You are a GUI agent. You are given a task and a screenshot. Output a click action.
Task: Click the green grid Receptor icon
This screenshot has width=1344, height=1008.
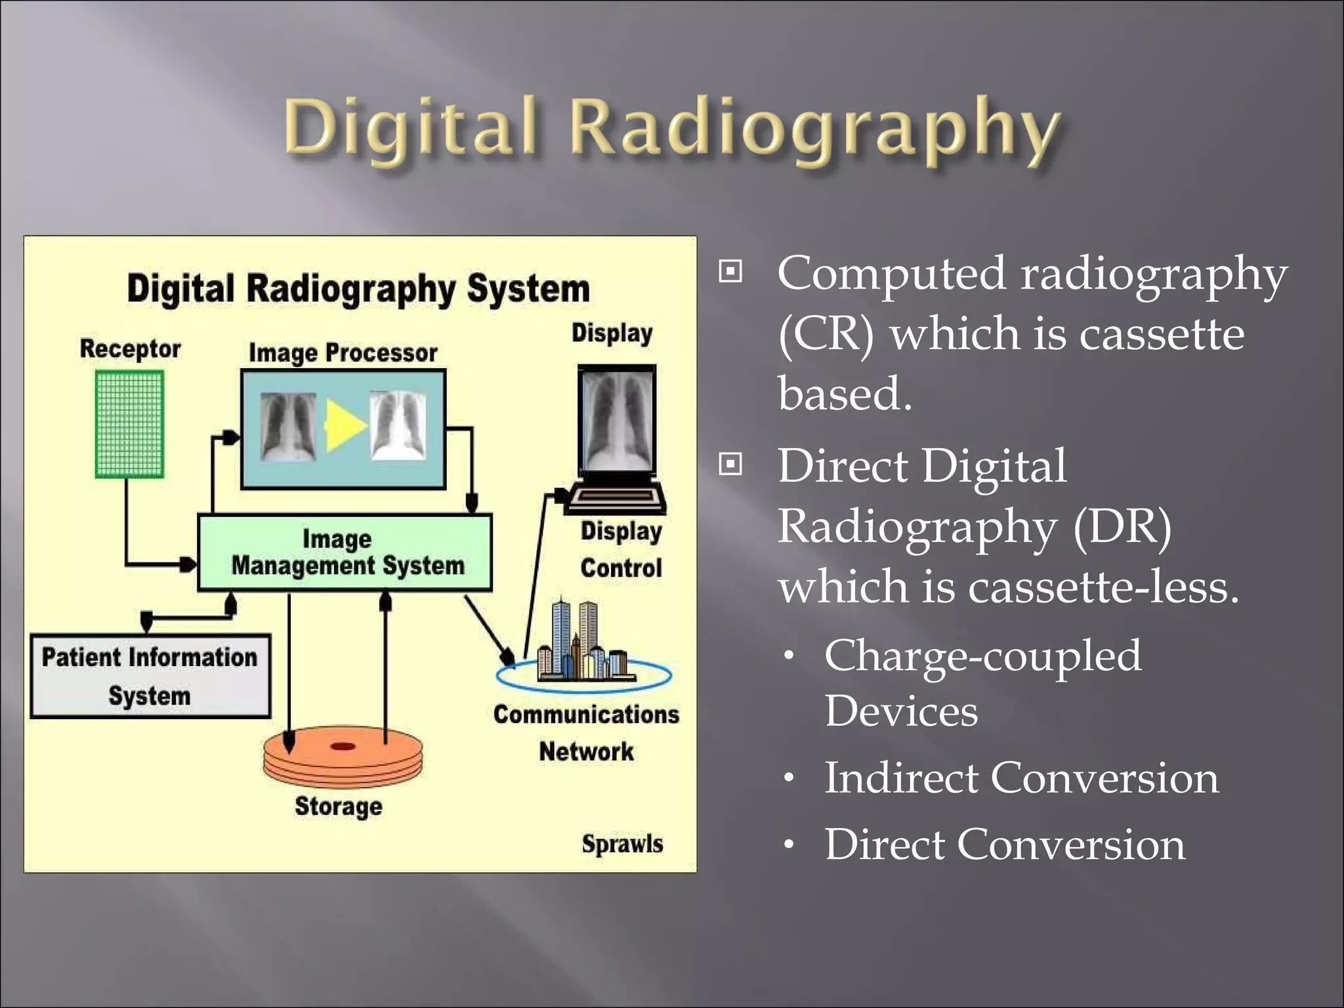(x=129, y=424)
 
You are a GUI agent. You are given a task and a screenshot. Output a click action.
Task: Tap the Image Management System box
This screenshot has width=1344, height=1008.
(x=345, y=553)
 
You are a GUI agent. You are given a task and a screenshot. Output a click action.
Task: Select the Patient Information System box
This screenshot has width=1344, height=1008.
(x=150, y=676)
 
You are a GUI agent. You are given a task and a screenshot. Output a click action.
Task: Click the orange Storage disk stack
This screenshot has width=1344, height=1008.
(x=343, y=758)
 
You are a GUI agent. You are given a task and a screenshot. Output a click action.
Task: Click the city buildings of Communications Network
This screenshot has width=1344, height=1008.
(x=581, y=643)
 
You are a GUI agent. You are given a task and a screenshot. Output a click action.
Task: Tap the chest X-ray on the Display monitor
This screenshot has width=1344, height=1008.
(x=617, y=420)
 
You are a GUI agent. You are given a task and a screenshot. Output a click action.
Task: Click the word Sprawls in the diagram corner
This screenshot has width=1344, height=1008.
(x=622, y=844)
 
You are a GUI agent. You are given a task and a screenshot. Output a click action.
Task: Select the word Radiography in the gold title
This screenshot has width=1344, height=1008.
(x=814, y=128)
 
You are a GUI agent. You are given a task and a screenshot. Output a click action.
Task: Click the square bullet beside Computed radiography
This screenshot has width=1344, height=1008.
(x=730, y=271)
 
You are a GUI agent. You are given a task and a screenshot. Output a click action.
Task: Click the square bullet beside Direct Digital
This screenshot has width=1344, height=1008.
(x=730, y=465)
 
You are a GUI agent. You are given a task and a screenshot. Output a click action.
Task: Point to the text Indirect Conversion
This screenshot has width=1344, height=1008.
(x=1021, y=778)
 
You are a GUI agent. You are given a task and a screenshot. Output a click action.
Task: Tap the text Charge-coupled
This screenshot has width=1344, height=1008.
(x=982, y=656)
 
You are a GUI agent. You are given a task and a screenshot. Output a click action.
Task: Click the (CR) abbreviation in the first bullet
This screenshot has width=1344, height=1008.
(x=826, y=334)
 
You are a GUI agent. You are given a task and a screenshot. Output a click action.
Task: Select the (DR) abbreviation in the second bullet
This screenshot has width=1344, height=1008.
(x=1122, y=526)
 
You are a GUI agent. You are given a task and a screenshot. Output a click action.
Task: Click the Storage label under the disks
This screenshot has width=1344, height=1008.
(x=339, y=807)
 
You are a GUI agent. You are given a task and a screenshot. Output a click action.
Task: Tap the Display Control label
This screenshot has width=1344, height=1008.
(x=621, y=549)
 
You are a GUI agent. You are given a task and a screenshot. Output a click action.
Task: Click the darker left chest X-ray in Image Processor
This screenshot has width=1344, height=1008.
(x=287, y=427)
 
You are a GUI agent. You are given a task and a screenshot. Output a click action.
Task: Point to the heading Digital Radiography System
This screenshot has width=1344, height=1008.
(x=358, y=289)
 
